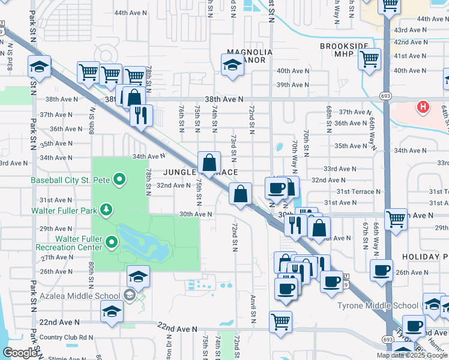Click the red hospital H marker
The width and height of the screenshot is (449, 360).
point(423,108)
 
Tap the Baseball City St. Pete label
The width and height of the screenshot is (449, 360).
point(72,179)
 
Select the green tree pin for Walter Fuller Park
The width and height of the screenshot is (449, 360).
point(106,209)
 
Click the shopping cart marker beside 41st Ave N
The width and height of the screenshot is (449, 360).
point(369,59)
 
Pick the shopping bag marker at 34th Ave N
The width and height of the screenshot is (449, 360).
point(209,163)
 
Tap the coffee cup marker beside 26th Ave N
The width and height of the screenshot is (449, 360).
point(381,271)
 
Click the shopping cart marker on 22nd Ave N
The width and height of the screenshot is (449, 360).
point(280,322)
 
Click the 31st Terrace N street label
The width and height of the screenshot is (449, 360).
point(358,191)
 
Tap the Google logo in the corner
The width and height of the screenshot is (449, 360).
point(20,353)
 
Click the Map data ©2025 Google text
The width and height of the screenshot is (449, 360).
point(412,355)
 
